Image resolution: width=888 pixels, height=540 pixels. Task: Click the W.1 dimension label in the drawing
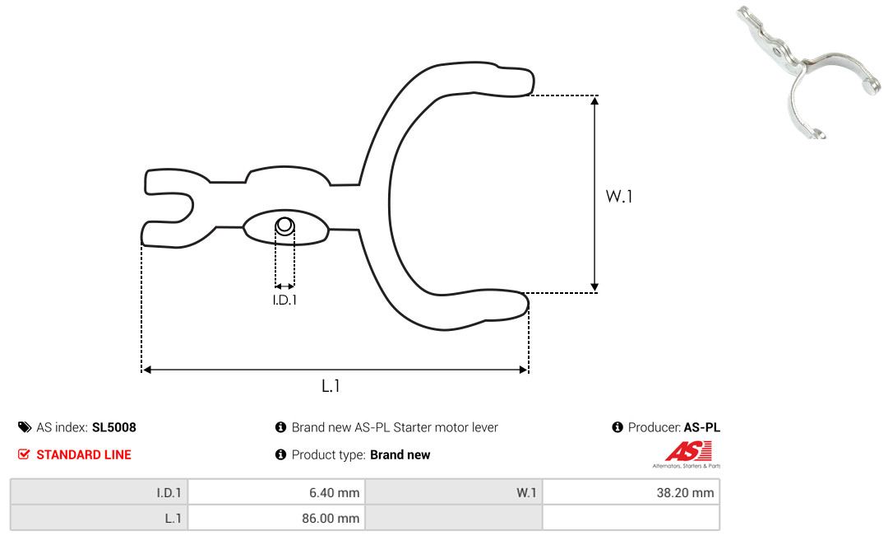click(618, 196)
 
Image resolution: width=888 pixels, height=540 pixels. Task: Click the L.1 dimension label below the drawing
click(331, 386)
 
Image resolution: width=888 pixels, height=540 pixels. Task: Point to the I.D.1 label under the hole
click(284, 300)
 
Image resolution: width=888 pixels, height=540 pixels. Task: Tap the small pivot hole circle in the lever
click(284, 226)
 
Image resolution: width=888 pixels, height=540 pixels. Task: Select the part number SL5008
click(113, 427)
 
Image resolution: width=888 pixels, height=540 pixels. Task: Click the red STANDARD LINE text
click(84, 454)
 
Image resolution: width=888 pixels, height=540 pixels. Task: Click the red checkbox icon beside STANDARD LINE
click(24, 454)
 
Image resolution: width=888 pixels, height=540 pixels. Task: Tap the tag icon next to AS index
click(25, 427)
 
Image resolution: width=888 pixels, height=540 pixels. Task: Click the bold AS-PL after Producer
click(701, 427)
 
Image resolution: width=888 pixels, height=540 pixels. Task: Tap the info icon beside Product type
click(280, 454)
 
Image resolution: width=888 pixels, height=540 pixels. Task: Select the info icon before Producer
click(617, 427)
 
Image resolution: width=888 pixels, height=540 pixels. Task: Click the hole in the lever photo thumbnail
click(778, 52)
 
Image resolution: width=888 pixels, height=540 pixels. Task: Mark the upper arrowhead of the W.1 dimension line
click(594, 101)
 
